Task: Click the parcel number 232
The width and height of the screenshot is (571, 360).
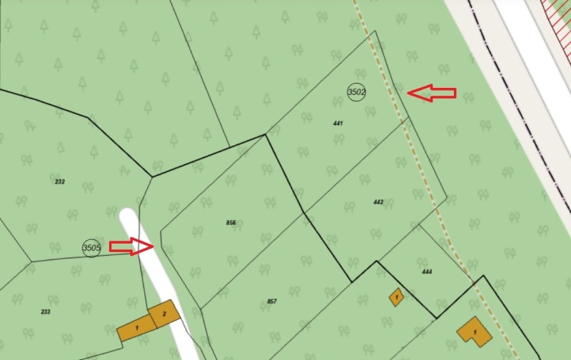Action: tap(60, 181)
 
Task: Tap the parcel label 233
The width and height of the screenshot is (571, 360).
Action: tap(46, 311)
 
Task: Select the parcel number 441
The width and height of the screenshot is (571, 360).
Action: tap(338, 124)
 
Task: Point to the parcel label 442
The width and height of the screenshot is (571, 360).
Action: tap(378, 202)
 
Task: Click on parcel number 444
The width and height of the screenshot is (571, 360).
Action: tap(427, 271)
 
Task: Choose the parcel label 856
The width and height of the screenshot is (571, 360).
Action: tap(231, 223)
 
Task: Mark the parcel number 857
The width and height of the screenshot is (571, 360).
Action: tap(272, 301)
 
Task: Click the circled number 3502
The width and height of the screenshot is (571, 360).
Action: tap(357, 92)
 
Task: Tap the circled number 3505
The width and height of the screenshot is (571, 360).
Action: tap(91, 248)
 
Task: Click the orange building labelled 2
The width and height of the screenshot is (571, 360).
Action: tap(163, 314)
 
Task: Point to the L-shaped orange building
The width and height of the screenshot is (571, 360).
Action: tap(473, 331)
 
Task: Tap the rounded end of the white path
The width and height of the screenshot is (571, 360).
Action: tap(128, 216)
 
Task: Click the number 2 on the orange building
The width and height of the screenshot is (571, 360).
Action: tap(164, 314)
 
